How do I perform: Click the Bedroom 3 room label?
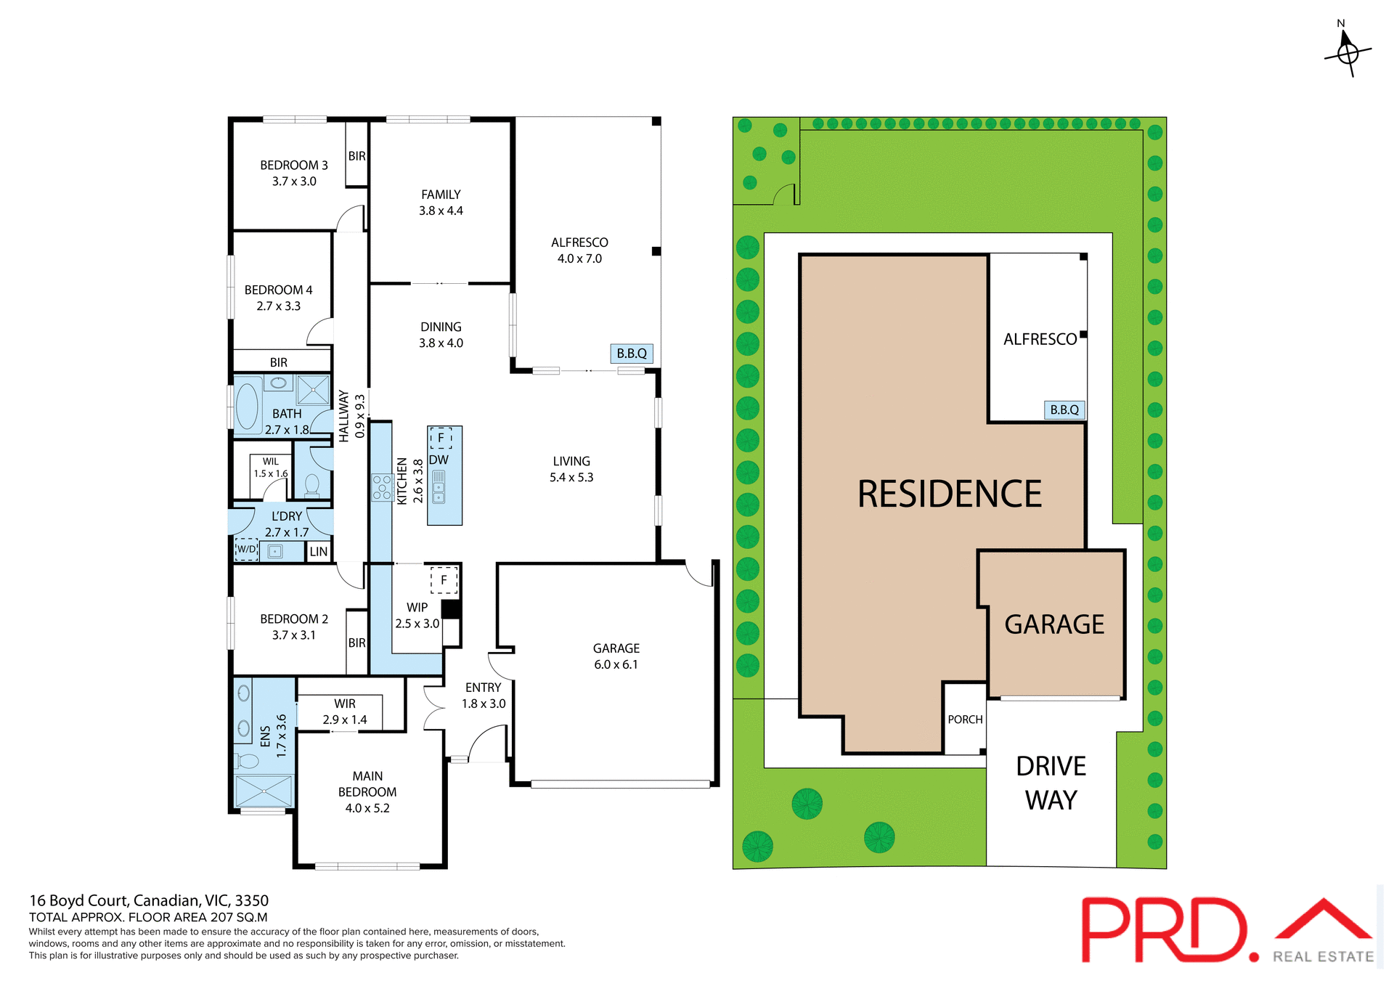294,173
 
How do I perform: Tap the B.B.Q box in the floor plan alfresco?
631,354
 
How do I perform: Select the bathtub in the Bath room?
247,406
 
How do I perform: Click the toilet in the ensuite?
247,761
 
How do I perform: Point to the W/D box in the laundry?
247,550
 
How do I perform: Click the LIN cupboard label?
318,552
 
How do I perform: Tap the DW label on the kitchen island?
439,460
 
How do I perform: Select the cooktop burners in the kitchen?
382,487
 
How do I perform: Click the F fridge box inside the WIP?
444,580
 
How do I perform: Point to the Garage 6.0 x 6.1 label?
616,656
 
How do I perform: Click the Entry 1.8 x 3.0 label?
484,696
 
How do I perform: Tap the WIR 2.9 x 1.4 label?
345,712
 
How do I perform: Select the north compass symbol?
1348,52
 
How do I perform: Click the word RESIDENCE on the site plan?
949,494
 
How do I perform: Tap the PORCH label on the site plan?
965,720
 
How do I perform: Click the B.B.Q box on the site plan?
1064,410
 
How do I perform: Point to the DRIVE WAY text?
1051,783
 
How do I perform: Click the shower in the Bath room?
313,390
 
